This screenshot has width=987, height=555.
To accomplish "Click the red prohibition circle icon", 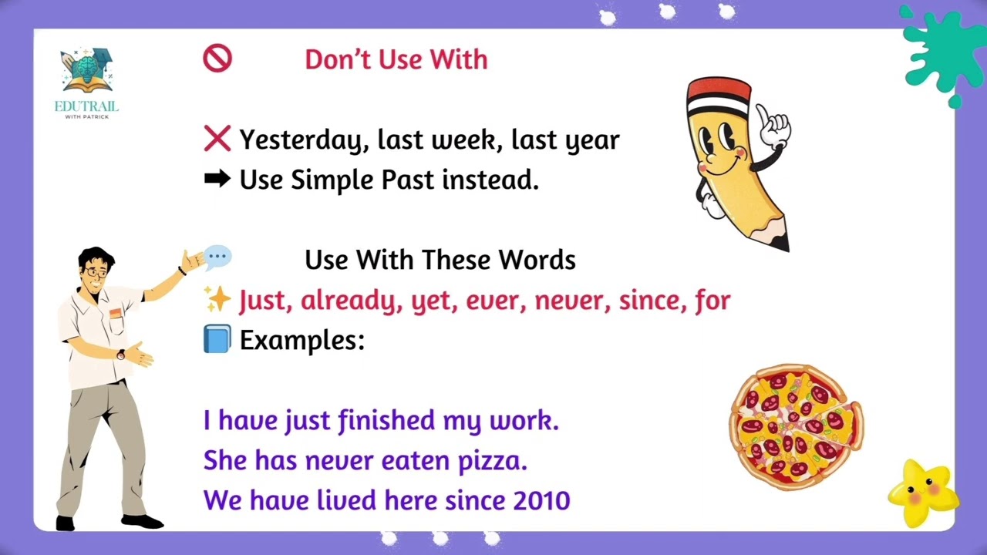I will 217,59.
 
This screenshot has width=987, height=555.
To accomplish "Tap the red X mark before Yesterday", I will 217,140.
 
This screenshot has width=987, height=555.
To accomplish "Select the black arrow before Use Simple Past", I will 217,180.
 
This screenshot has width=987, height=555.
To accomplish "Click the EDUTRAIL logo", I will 87,84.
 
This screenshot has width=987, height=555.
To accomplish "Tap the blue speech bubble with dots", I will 218,257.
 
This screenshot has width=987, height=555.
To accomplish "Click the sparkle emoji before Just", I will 217,300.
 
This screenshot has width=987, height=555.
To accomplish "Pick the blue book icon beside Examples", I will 217,339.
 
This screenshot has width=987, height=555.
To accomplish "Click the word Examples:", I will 302,340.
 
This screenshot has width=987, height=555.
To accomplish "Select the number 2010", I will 541,501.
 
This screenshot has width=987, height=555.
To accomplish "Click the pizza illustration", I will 797,426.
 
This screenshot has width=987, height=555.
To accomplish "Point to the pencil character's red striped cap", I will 718,96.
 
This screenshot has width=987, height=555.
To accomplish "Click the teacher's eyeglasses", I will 96,272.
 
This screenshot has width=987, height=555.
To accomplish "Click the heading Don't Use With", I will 396,59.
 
